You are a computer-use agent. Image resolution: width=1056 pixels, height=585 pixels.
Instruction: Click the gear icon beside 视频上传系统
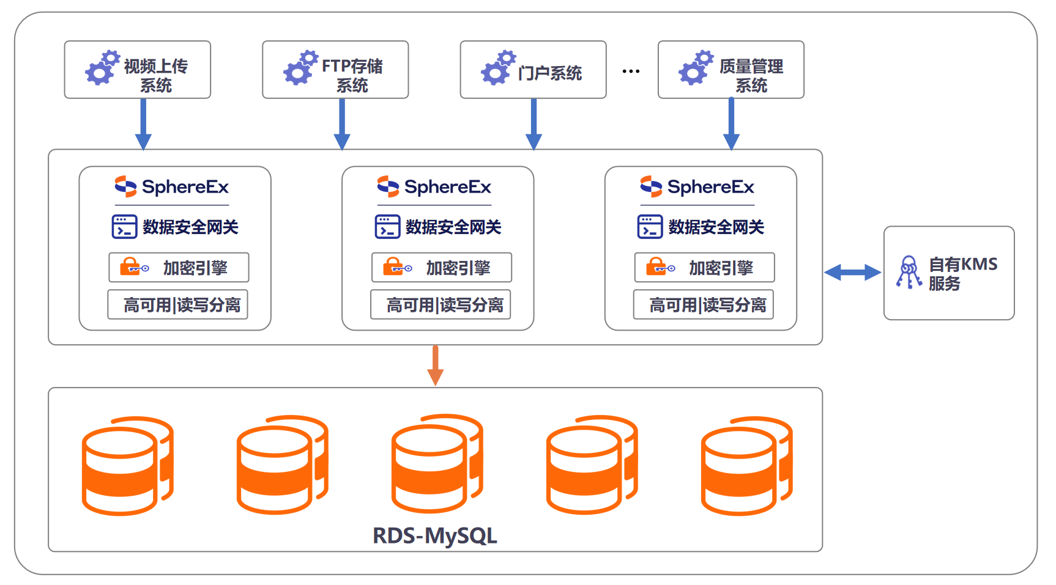click(102, 68)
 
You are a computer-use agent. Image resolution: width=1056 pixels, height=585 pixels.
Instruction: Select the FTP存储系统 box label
click(352, 75)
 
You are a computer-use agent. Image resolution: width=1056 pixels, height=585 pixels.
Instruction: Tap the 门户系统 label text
click(549, 73)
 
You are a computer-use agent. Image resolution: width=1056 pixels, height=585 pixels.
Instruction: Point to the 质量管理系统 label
click(751, 75)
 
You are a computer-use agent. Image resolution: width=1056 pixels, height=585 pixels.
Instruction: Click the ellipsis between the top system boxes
click(631, 72)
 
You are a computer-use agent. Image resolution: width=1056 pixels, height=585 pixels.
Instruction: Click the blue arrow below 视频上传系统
click(143, 124)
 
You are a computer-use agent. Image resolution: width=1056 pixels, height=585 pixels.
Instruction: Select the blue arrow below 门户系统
click(534, 124)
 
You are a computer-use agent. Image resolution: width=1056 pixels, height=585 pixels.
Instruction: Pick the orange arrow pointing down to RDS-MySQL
click(435, 365)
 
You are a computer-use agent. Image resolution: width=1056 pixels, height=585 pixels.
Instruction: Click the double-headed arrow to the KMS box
click(852, 273)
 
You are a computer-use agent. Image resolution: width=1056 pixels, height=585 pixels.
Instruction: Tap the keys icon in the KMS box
click(909, 272)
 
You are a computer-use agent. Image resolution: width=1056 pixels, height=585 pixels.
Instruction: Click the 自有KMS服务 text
click(962, 273)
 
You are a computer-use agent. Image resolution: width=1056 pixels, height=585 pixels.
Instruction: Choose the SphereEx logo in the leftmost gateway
click(172, 186)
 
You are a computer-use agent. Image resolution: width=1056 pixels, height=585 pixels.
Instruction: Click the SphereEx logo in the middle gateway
click(434, 186)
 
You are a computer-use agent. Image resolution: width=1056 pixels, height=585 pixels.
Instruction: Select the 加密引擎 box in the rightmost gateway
click(704, 267)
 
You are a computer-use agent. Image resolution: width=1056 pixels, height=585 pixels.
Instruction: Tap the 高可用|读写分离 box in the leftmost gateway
click(178, 304)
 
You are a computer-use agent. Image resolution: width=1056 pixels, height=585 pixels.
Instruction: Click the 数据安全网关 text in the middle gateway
click(453, 227)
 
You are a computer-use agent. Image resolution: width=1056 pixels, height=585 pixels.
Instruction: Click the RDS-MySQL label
click(435, 535)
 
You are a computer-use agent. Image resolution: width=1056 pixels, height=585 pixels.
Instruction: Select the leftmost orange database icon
click(127, 466)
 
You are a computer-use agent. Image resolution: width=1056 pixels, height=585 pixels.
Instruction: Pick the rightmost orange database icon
click(746, 466)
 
